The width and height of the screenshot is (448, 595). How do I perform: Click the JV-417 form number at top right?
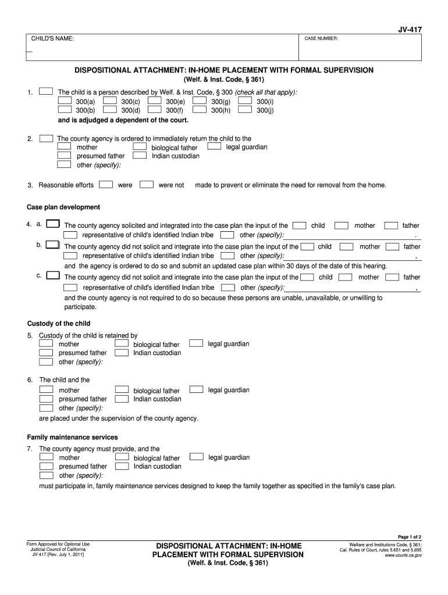(410, 27)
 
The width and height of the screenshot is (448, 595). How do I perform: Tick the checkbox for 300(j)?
(246, 109)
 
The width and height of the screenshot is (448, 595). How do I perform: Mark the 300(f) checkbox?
(155, 109)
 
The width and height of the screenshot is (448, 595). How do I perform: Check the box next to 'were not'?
(147, 185)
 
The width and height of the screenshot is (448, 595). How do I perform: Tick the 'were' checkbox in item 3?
(106, 185)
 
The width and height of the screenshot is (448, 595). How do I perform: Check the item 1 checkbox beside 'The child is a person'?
(46, 92)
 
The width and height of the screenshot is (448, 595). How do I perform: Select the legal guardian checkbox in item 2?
(215, 146)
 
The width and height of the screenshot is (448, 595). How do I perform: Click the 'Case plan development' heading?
(63, 207)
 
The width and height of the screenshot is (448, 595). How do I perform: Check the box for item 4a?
(52, 224)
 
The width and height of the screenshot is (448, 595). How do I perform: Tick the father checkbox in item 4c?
(392, 277)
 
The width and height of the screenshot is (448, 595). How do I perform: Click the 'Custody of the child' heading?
(59, 323)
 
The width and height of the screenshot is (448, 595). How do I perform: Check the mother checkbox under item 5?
(46, 344)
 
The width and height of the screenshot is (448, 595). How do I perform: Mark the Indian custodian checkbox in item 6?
(122, 399)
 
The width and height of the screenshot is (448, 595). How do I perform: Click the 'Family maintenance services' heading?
(73, 437)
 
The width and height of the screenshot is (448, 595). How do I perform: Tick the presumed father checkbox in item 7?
(46, 466)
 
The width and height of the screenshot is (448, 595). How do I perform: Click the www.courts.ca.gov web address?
(403, 555)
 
